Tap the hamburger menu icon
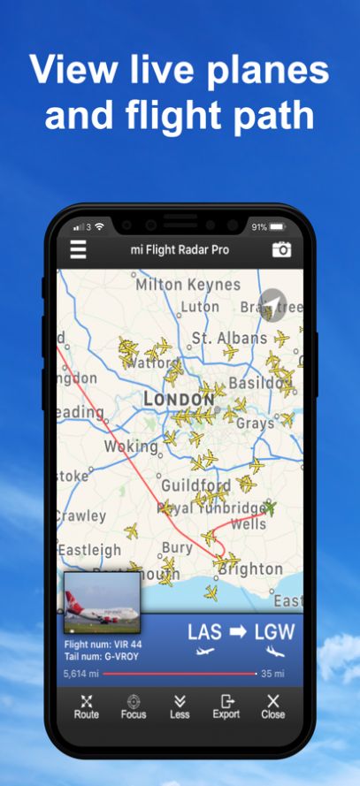tap(79, 249)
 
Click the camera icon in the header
tap(281, 249)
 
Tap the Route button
tap(87, 706)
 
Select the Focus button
tap(134, 706)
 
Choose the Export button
tap(226, 706)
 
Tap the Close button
tap(273, 706)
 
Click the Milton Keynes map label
tap(188, 285)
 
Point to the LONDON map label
tap(179, 400)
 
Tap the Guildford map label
tap(196, 485)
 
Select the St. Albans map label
tap(229, 338)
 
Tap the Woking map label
tap(131, 446)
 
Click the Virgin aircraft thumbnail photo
tap(102, 602)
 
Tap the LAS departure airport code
tap(205, 632)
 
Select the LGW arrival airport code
tap(274, 632)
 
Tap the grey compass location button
tap(273, 304)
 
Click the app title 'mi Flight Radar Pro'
tap(180, 249)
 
